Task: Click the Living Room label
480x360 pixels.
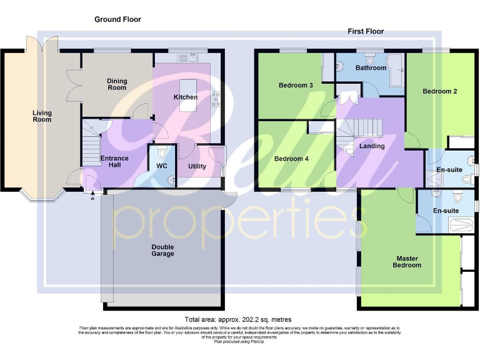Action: click(42, 116)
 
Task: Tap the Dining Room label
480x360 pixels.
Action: click(117, 84)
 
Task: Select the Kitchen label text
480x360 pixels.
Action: click(186, 97)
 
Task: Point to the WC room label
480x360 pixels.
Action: click(162, 166)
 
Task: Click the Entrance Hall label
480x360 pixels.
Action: click(114, 162)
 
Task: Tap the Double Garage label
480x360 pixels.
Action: click(162, 250)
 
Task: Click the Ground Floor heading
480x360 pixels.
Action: click(117, 19)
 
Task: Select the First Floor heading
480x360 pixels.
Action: click(366, 31)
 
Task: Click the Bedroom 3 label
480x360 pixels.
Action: click(296, 86)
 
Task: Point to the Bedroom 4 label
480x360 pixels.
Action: click(291, 159)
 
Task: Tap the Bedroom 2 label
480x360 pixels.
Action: click(439, 91)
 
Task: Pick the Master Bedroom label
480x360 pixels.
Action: click(406, 261)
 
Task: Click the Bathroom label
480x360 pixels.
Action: click(371, 67)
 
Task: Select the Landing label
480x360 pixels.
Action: click(372, 146)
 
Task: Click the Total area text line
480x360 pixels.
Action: click(238, 319)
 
